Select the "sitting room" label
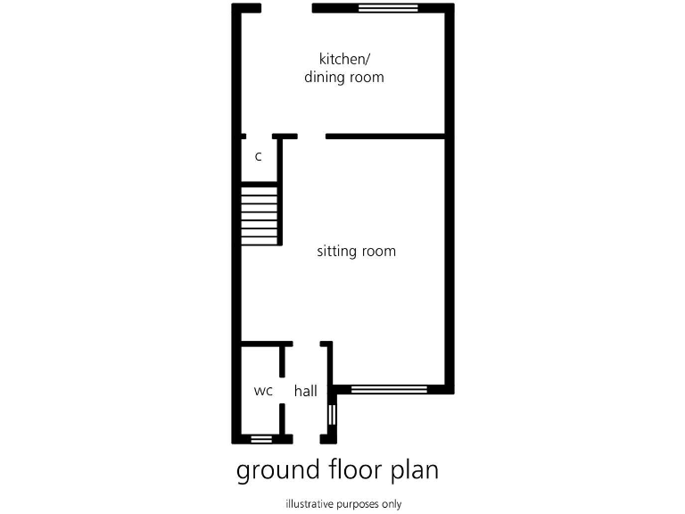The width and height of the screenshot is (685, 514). [356, 252]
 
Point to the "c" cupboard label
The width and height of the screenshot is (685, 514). [258, 157]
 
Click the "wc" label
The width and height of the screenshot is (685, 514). [262, 391]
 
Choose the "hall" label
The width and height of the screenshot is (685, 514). [306, 391]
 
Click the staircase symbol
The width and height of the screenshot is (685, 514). [260, 214]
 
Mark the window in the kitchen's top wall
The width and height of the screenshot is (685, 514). [388, 8]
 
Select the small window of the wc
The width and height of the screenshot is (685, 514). [261, 438]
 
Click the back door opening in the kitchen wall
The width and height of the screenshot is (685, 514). [286, 8]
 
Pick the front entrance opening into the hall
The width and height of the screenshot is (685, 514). [306, 438]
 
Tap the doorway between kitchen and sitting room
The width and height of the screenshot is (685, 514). [311, 137]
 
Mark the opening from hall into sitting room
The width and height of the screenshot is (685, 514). [306, 344]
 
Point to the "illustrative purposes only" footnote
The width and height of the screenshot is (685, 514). [343, 504]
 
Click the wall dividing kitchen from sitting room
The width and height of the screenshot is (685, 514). [385, 137]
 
